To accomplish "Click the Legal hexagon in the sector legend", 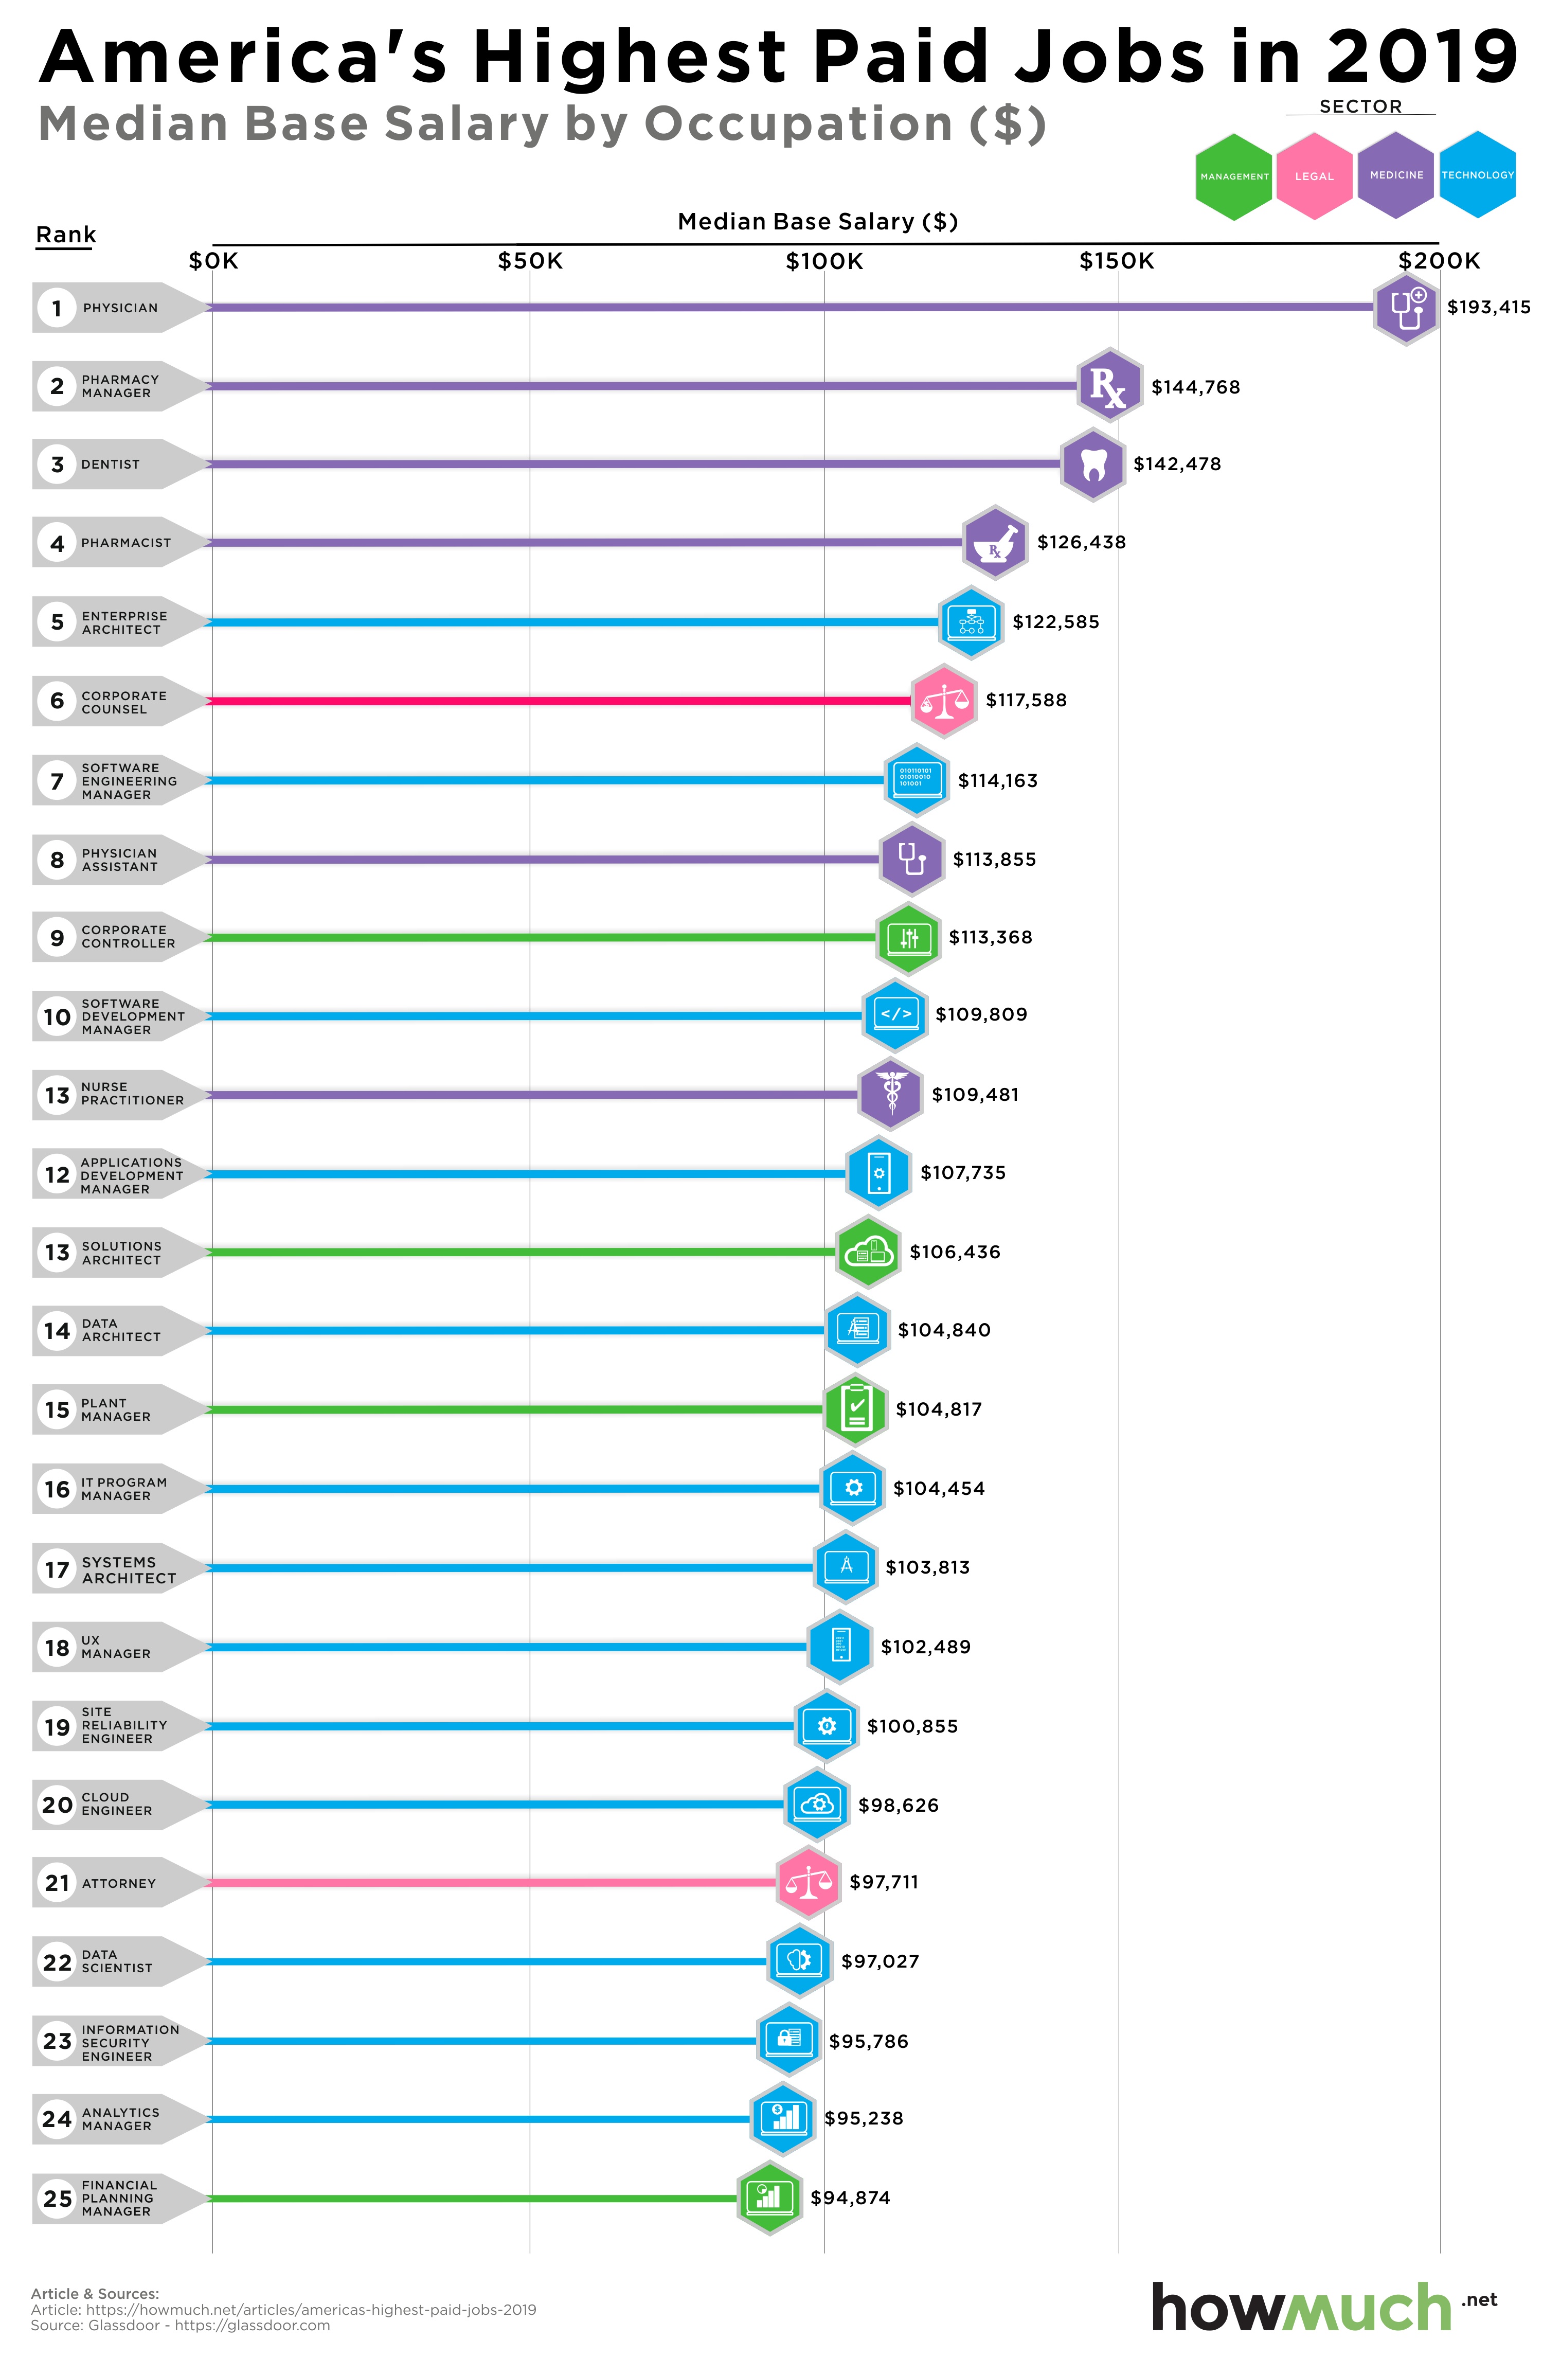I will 1314,176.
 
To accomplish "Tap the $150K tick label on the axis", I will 1117,261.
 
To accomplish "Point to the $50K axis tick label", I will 530,261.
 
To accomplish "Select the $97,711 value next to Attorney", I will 884,1882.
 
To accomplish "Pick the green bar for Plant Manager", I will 515,1409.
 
